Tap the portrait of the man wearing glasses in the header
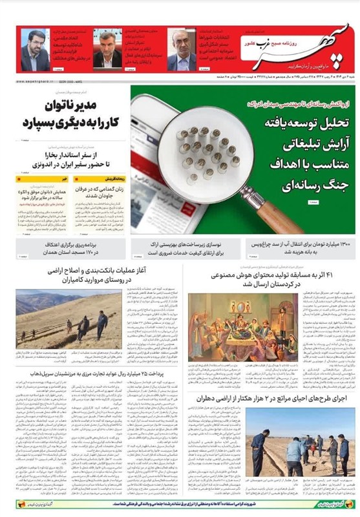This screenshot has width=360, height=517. (x=34, y=50)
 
